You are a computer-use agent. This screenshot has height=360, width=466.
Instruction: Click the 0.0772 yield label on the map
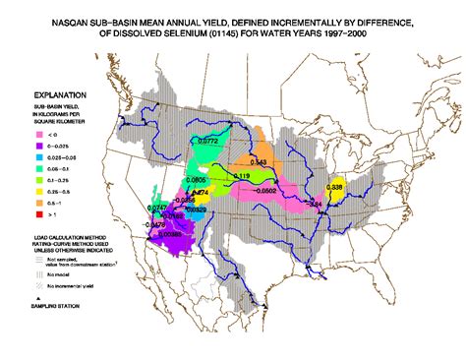[x=207, y=142]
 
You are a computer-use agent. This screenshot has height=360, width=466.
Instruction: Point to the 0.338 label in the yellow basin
[x=334, y=186]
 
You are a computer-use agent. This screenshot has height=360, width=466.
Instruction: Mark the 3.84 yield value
[x=316, y=204]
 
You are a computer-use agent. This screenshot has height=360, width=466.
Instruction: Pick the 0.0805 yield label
[x=196, y=180]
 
